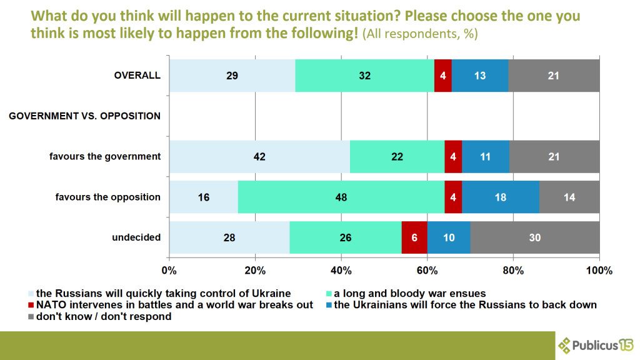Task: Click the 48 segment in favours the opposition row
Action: point(341,197)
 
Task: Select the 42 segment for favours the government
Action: point(259,156)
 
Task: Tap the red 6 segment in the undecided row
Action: point(414,237)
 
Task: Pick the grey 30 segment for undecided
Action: point(535,237)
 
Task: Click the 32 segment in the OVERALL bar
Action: point(365,76)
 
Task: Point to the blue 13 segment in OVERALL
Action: point(480,76)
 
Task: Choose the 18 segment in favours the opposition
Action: point(501,197)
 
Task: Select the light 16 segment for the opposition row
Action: point(204,197)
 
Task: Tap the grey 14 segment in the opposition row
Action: point(569,197)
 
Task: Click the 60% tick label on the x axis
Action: point(427,271)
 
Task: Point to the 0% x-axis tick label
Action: point(169,271)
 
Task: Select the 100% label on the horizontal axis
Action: point(599,271)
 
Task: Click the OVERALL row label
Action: point(137,76)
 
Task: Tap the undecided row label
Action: point(136,237)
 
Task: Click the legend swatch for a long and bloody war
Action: point(329,293)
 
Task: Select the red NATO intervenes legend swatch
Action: point(31,305)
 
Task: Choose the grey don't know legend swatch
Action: point(31,317)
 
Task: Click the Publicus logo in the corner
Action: point(594,345)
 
